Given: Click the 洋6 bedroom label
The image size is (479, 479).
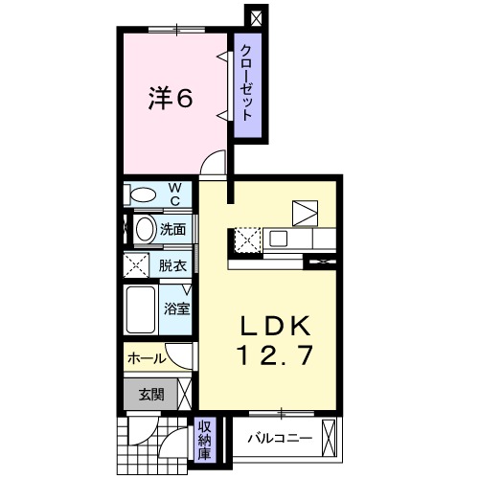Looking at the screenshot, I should (x=173, y=99).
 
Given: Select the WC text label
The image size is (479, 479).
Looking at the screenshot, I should (x=175, y=194).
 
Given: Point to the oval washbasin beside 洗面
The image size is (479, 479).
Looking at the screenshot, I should (x=143, y=230).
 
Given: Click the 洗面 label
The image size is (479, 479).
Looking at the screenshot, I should (x=172, y=230).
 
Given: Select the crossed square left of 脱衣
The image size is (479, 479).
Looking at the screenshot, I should (x=135, y=265).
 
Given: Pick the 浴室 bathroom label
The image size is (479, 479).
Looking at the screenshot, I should (x=175, y=308).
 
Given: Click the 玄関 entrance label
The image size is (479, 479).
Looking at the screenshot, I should (x=151, y=393).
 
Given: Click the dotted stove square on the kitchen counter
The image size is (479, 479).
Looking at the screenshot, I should (x=246, y=238).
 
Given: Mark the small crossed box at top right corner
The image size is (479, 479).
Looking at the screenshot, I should (x=256, y=17).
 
